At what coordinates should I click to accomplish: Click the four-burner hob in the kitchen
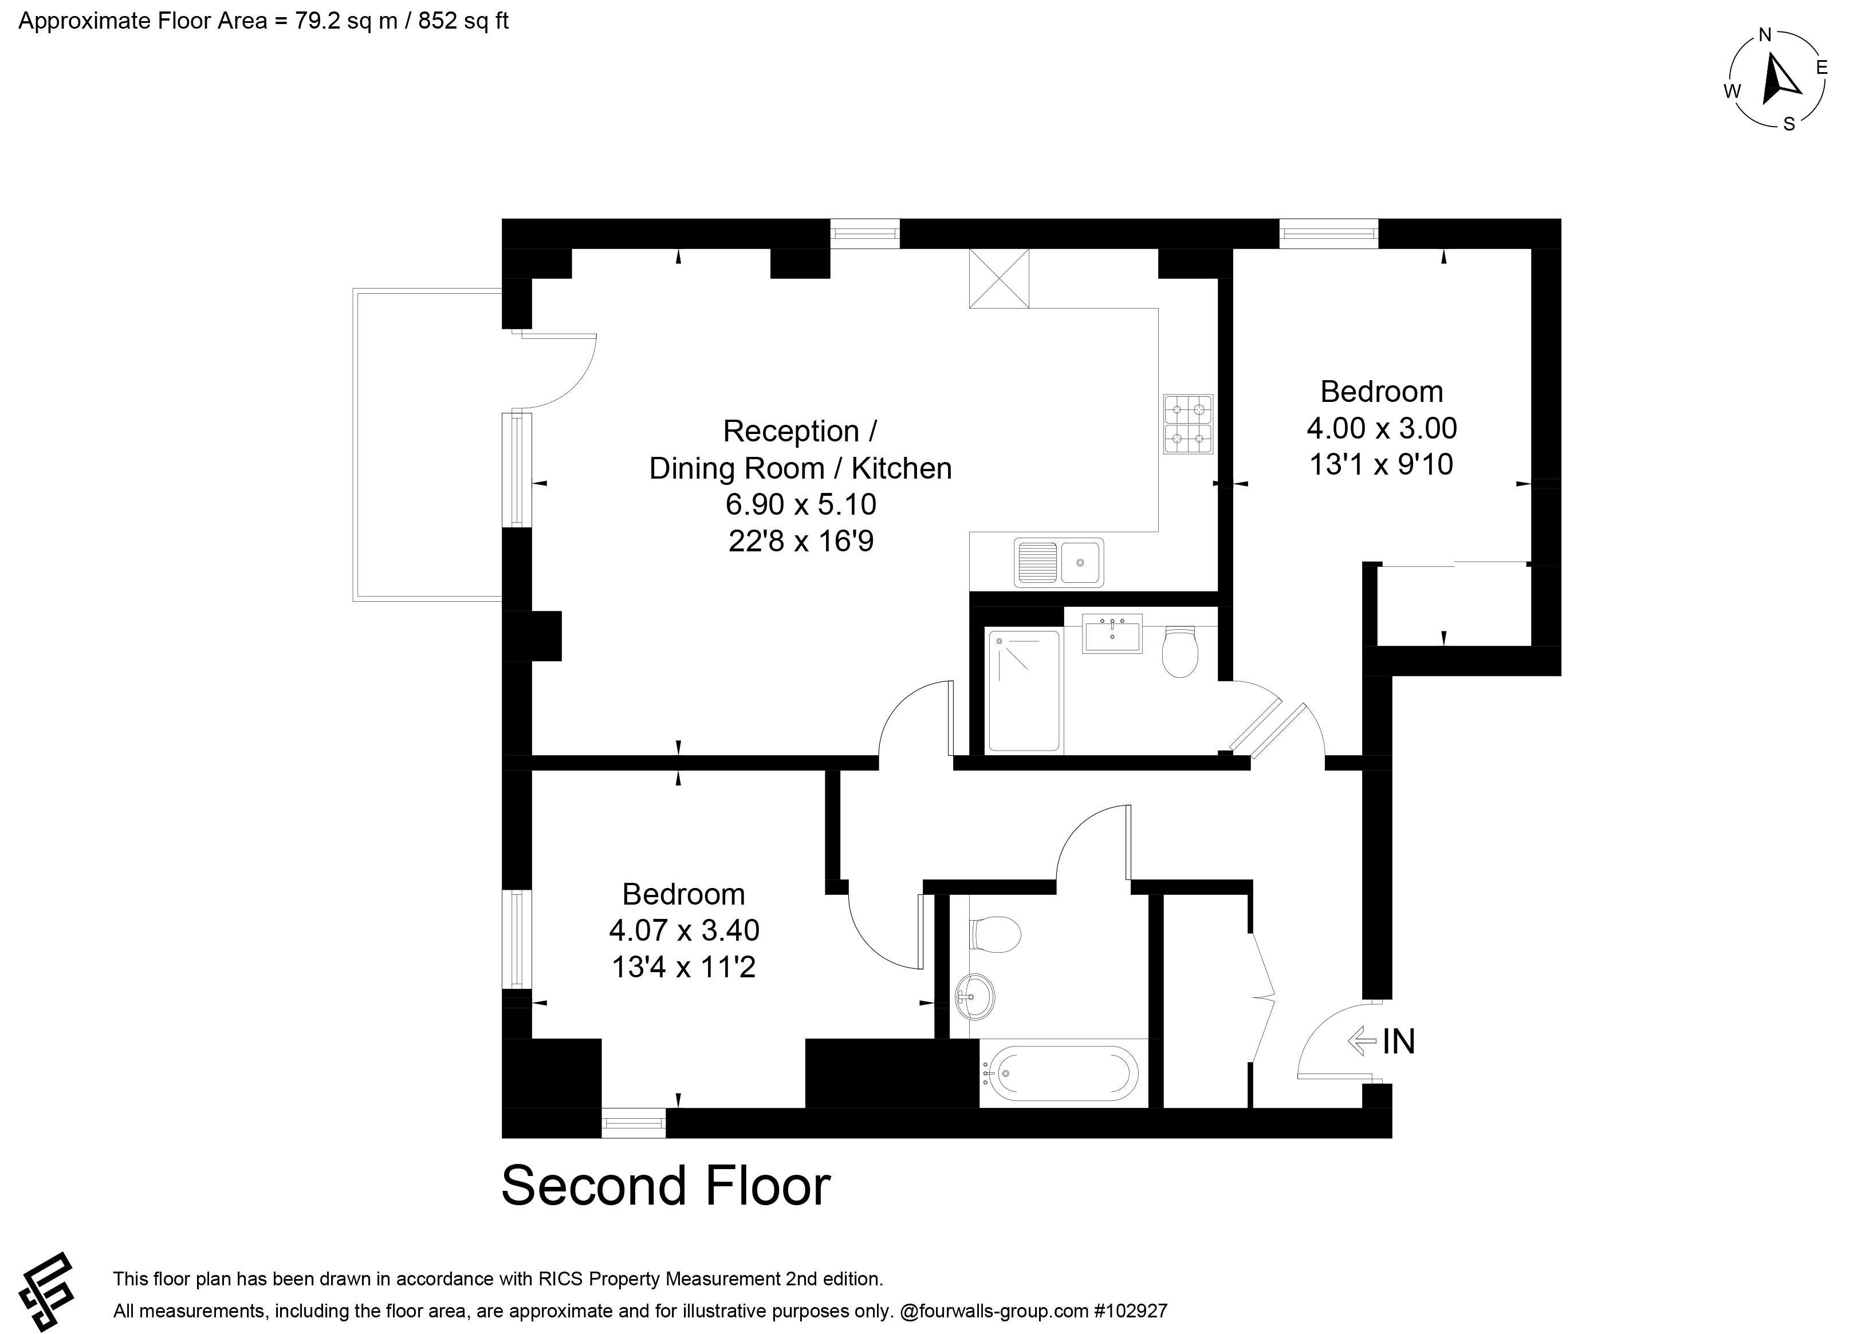pos(1187,424)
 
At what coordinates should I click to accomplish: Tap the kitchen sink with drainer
pos(1059,562)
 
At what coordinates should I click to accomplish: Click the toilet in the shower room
pos(1181,652)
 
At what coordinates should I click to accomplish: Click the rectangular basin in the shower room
pos(1112,633)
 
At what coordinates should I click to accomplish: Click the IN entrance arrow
pos(1362,1041)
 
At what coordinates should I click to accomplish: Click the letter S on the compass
pos(1789,125)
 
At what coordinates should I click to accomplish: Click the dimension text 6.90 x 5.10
pos(801,504)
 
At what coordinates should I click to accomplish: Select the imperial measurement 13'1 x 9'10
pos(1382,464)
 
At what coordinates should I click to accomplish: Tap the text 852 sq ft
pos(463,21)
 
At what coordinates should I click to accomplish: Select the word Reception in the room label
pos(790,432)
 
